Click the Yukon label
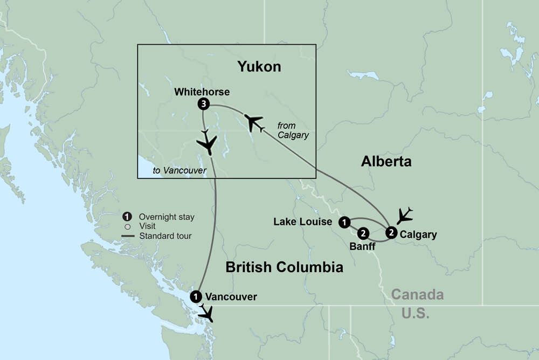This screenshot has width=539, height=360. [259, 66]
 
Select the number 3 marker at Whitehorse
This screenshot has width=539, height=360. [203, 104]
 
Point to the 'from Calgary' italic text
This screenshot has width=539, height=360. [293, 130]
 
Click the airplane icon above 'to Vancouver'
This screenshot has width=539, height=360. [206, 143]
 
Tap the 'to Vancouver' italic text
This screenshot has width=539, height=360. [179, 171]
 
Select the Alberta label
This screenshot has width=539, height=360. [386, 161]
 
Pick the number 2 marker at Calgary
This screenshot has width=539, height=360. [392, 233]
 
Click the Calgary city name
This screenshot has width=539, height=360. [418, 234]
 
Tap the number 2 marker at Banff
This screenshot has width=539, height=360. [363, 233]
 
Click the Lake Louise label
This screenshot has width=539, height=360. [302, 221]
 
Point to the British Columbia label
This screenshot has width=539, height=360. [284, 267]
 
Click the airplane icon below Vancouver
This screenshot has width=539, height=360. [205, 313]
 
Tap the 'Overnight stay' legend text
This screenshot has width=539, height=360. [167, 217]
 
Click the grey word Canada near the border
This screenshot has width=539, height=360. [417, 295]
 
